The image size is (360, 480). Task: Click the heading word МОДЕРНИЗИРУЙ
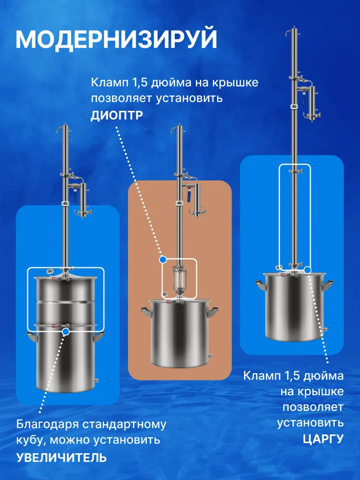point(117,39)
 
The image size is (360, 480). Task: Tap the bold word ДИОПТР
point(117,116)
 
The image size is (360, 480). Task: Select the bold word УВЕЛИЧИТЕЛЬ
point(61,457)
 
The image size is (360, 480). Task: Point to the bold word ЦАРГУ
point(323,439)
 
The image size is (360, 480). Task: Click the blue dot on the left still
point(65,331)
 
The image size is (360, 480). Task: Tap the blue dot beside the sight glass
point(163,260)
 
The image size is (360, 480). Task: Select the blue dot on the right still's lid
point(307,270)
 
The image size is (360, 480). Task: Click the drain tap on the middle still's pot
point(210,356)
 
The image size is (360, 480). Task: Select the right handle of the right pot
point(327,285)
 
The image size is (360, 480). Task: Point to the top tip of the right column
point(295,27)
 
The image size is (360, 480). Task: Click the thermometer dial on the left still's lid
point(49,271)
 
